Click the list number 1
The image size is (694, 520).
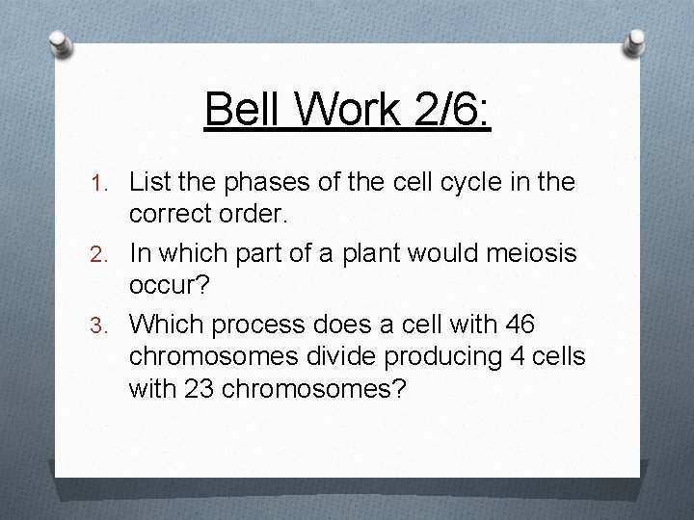[x=110, y=180]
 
